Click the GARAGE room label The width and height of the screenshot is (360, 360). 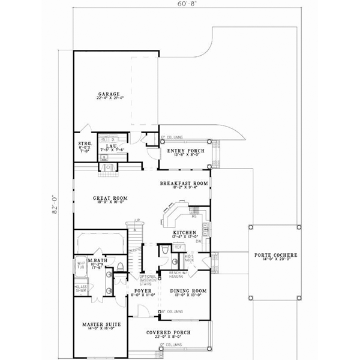click(110, 94)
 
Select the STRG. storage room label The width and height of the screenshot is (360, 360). click(85, 145)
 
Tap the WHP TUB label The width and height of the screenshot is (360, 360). click(80, 265)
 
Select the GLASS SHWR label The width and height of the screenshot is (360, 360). click(80, 289)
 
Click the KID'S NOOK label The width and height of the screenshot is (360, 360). click(188, 258)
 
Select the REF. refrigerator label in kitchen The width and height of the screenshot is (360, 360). click(178, 245)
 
